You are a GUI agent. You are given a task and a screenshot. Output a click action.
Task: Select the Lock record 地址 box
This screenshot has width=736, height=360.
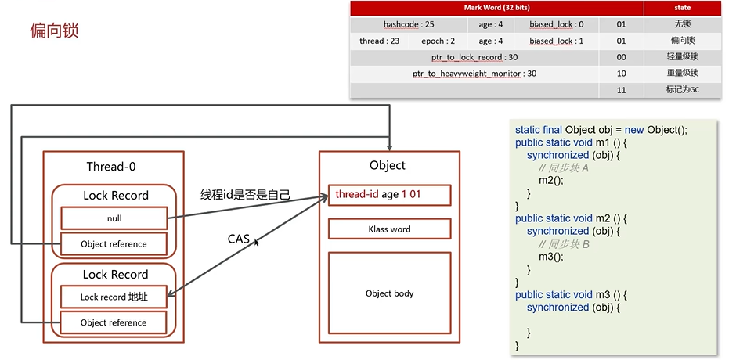114,297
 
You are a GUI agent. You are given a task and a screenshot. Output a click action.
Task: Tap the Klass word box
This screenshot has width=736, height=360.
389,229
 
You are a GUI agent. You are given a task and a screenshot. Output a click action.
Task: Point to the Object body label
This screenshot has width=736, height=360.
389,293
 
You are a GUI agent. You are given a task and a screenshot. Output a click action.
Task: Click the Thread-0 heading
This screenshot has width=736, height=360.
114,166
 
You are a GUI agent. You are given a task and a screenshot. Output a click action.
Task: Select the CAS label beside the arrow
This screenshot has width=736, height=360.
239,239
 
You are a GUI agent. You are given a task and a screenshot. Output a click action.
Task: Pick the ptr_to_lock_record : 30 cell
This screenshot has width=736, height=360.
474,57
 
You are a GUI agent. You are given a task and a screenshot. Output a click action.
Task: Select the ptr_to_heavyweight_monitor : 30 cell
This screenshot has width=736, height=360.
474,74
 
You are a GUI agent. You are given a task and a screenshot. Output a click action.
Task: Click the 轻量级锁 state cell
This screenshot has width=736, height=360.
682,57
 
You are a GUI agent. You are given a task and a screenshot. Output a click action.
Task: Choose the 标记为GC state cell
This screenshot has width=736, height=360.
682,90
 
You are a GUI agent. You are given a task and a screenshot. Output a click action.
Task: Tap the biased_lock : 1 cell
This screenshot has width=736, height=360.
556,41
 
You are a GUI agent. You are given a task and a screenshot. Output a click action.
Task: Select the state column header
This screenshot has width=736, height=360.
682,8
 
